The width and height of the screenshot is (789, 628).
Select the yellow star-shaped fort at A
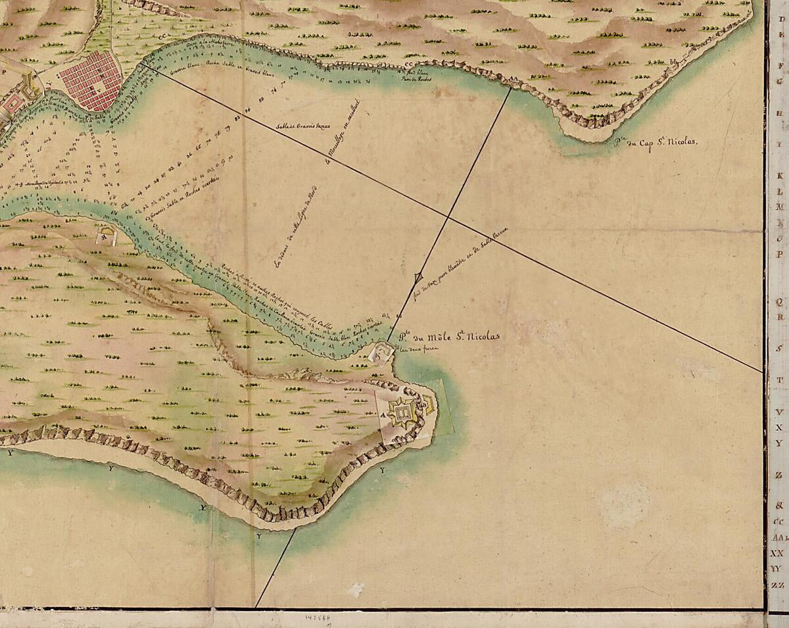point(402,414)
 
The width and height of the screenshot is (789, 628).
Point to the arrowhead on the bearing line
point(419,279)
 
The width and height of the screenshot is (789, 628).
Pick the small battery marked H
point(105,235)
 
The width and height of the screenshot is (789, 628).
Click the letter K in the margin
point(780,177)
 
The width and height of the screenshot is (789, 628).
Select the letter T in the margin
point(780,380)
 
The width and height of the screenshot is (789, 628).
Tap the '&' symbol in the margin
point(779,506)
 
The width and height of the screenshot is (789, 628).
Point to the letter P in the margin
point(780,254)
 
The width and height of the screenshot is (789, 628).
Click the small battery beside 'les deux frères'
point(381,353)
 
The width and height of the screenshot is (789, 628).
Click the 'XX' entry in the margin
point(778,553)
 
